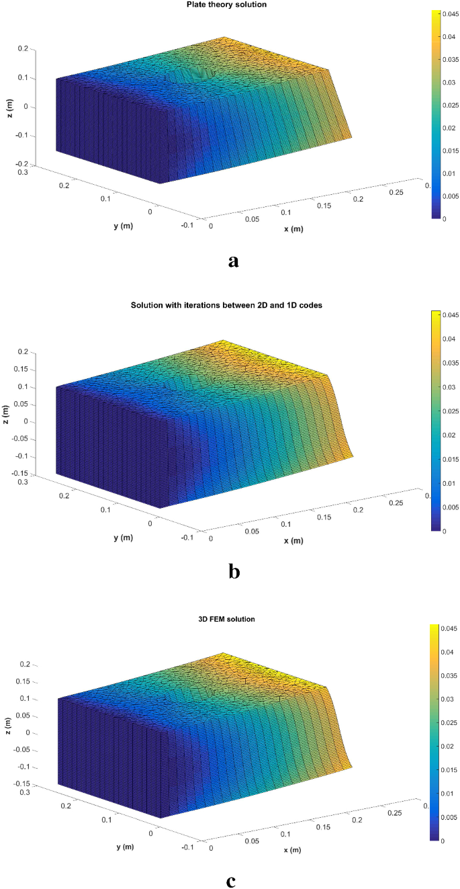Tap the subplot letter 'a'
pyautogui.click(x=233, y=261)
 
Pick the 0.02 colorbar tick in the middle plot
pyautogui.click(x=449, y=434)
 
